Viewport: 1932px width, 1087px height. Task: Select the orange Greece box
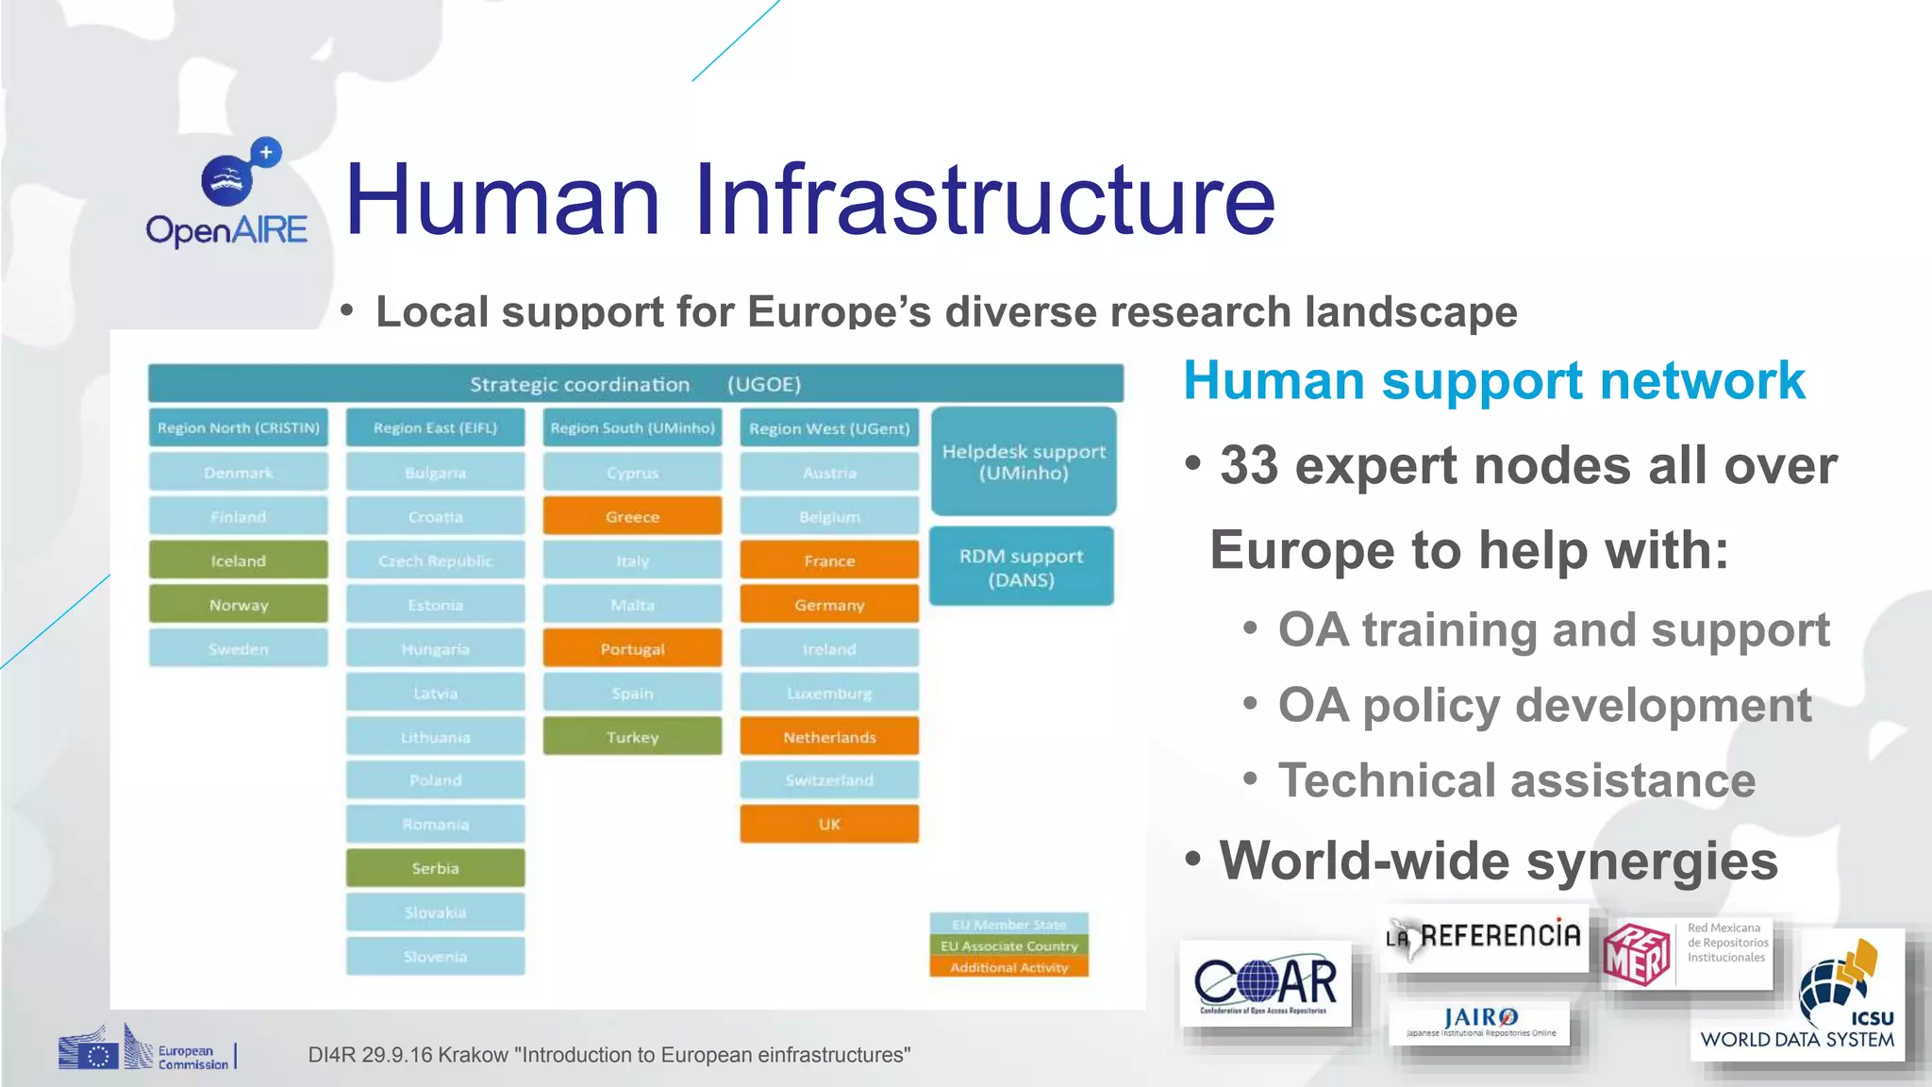tap(632, 517)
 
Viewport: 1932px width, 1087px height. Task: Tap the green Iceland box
tap(238, 560)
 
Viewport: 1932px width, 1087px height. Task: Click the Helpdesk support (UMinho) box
tap(1024, 462)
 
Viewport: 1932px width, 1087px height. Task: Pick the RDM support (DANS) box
tap(1021, 567)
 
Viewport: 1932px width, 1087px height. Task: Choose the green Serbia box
tap(435, 868)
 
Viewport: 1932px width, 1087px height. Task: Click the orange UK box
tap(829, 824)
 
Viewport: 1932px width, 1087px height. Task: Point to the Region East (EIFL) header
tap(435, 427)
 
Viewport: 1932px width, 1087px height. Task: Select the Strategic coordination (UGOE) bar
tap(635, 384)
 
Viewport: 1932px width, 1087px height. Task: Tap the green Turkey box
tap(632, 737)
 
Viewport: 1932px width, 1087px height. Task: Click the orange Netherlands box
tap(829, 737)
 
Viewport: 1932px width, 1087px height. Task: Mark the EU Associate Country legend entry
tap(1008, 945)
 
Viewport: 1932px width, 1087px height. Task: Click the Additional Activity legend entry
tap(1008, 967)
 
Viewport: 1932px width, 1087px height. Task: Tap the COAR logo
tap(1265, 984)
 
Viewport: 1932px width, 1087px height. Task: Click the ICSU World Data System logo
tap(1796, 996)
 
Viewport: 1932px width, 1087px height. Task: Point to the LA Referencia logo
tap(1484, 937)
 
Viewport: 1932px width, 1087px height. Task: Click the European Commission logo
tap(146, 1049)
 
